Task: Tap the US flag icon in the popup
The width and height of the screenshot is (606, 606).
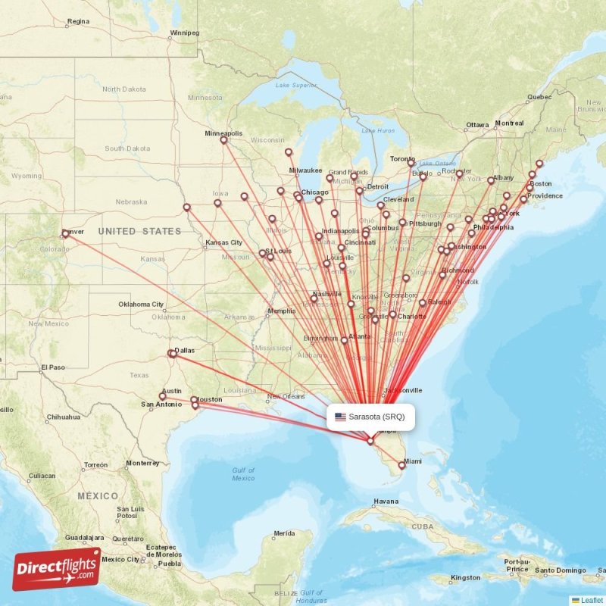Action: pyautogui.click(x=340, y=417)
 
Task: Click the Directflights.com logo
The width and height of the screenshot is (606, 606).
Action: pyautogui.click(x=57, y=569)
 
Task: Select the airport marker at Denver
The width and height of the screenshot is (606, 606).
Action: pyautogui.click(x=65, y=234)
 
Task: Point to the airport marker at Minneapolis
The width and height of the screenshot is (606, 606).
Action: pyautogui.click(x=223, y=140)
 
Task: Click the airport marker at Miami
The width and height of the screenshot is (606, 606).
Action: pyautogui.click(x=402, y=466)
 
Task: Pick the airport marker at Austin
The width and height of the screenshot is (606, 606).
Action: pyautogui.click(x=162, y=396)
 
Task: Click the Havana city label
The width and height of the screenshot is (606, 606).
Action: pyautogui.click(x=386, y=501)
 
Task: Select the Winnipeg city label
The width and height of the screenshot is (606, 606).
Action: pyautogui.click(x=185, y=33)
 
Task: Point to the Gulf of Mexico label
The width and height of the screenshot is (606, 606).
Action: pyautogui.click(x=243, y=474)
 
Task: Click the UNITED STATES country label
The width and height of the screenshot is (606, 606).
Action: pyautogui.click(x=139, y=231)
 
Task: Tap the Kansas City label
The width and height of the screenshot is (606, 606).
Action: pyautogui.click(x=223, y=243)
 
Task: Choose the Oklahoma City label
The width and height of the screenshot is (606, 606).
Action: pyautogui.click(x=141, y=305)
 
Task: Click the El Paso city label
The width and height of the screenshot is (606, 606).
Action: pyautogui.click(x=54, y=367)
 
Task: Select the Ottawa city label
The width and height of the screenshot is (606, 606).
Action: pyautogui.click(x=477, y=125)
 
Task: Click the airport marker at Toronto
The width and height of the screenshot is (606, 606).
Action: pyautogui.click(x=411, y=163)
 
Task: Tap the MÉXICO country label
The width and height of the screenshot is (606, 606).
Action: pyautogui.click(x=96, y=495)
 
